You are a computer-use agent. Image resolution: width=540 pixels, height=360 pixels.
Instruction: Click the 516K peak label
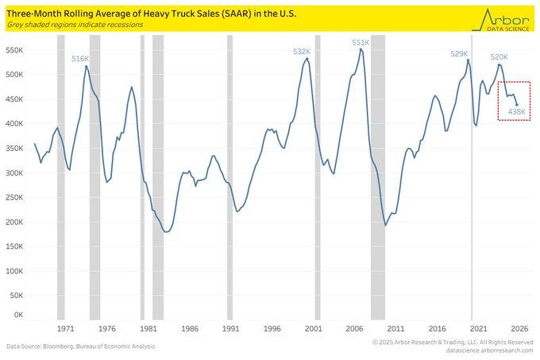point(80,59)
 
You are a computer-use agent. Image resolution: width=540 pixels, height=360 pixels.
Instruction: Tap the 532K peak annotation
point(302,52)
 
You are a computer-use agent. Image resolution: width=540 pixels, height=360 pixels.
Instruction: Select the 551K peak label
point(361,42)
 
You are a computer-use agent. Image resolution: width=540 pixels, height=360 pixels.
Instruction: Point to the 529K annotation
point(460,54)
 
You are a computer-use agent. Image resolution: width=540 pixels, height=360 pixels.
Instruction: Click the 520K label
point(499,57)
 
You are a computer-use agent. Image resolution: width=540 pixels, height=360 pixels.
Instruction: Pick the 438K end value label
point(516,112)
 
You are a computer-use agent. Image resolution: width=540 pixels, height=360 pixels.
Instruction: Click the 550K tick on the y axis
point(16,49)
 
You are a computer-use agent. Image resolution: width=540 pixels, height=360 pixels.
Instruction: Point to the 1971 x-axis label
point(66,328)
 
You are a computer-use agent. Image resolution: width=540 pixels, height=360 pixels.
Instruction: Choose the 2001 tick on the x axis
point(313,328)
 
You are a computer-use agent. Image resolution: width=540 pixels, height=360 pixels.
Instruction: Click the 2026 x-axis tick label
point(519,328)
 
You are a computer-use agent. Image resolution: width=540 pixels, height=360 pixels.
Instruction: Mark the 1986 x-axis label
point(190,328)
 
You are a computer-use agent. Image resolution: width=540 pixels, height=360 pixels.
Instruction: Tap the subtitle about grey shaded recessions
point(76,24)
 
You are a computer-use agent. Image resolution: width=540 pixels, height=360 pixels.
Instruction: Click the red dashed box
point(514,101)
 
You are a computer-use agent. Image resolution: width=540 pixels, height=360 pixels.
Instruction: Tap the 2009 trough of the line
point(386,225)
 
